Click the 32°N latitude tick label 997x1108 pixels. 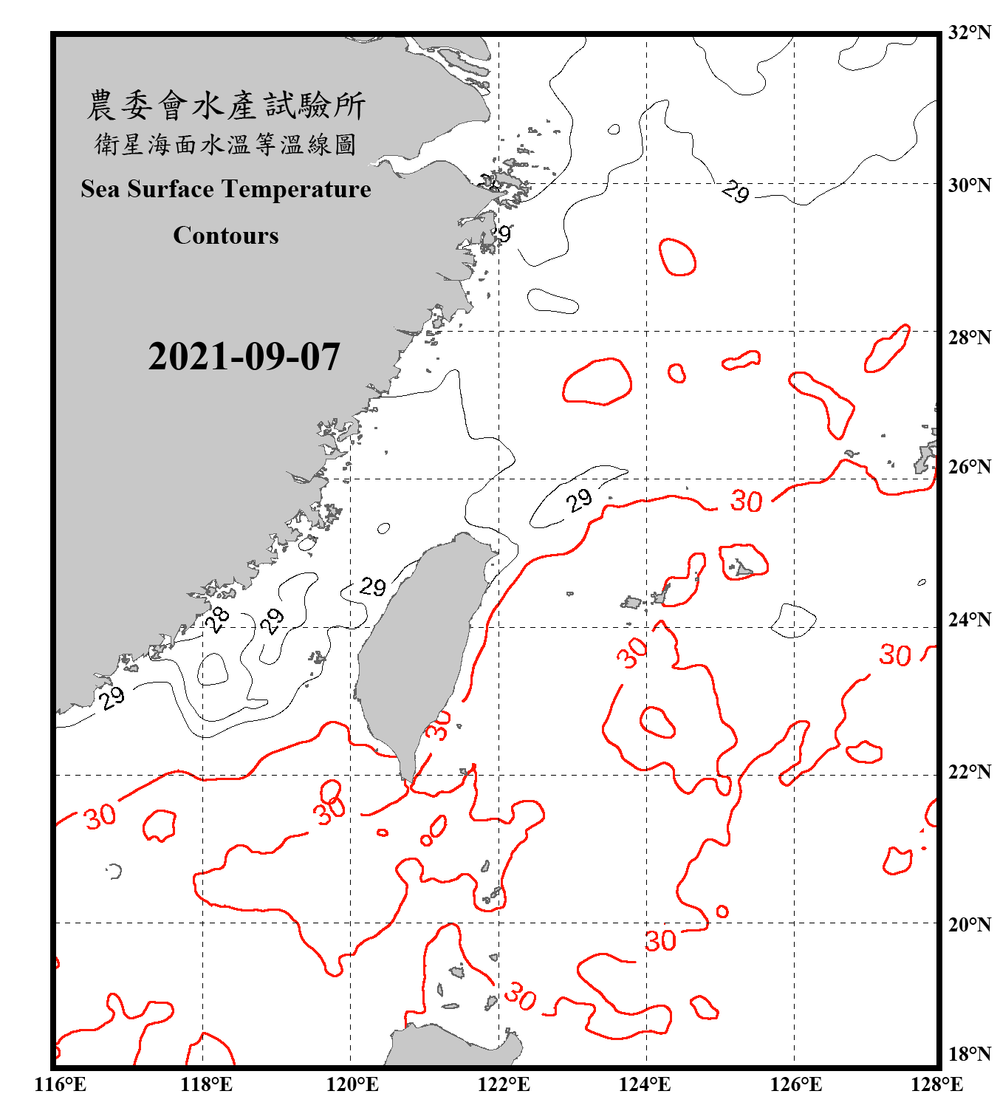tap(969, 33)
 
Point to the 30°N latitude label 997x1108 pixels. tap(969, 185)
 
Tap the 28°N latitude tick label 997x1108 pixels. tap(969, 337)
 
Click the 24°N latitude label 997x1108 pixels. tap(969, 619)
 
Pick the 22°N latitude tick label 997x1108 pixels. tap(969, 772)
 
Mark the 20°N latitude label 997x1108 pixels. tap(969, 924)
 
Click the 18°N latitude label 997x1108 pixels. tap(969, 1053)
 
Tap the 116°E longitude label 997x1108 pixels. tap(61, 1084)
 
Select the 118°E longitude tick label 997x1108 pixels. tap(207, 1084)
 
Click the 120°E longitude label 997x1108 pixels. tap(352, 1084)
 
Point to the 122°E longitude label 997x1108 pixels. tap(503, 1084)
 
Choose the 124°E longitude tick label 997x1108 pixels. tap(645, 1084)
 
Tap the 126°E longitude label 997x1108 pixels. tap(795, 1084)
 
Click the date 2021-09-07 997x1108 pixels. tap(244, 357)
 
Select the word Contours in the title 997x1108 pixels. tap(226, 236)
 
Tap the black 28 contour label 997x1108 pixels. tap(216, 619)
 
